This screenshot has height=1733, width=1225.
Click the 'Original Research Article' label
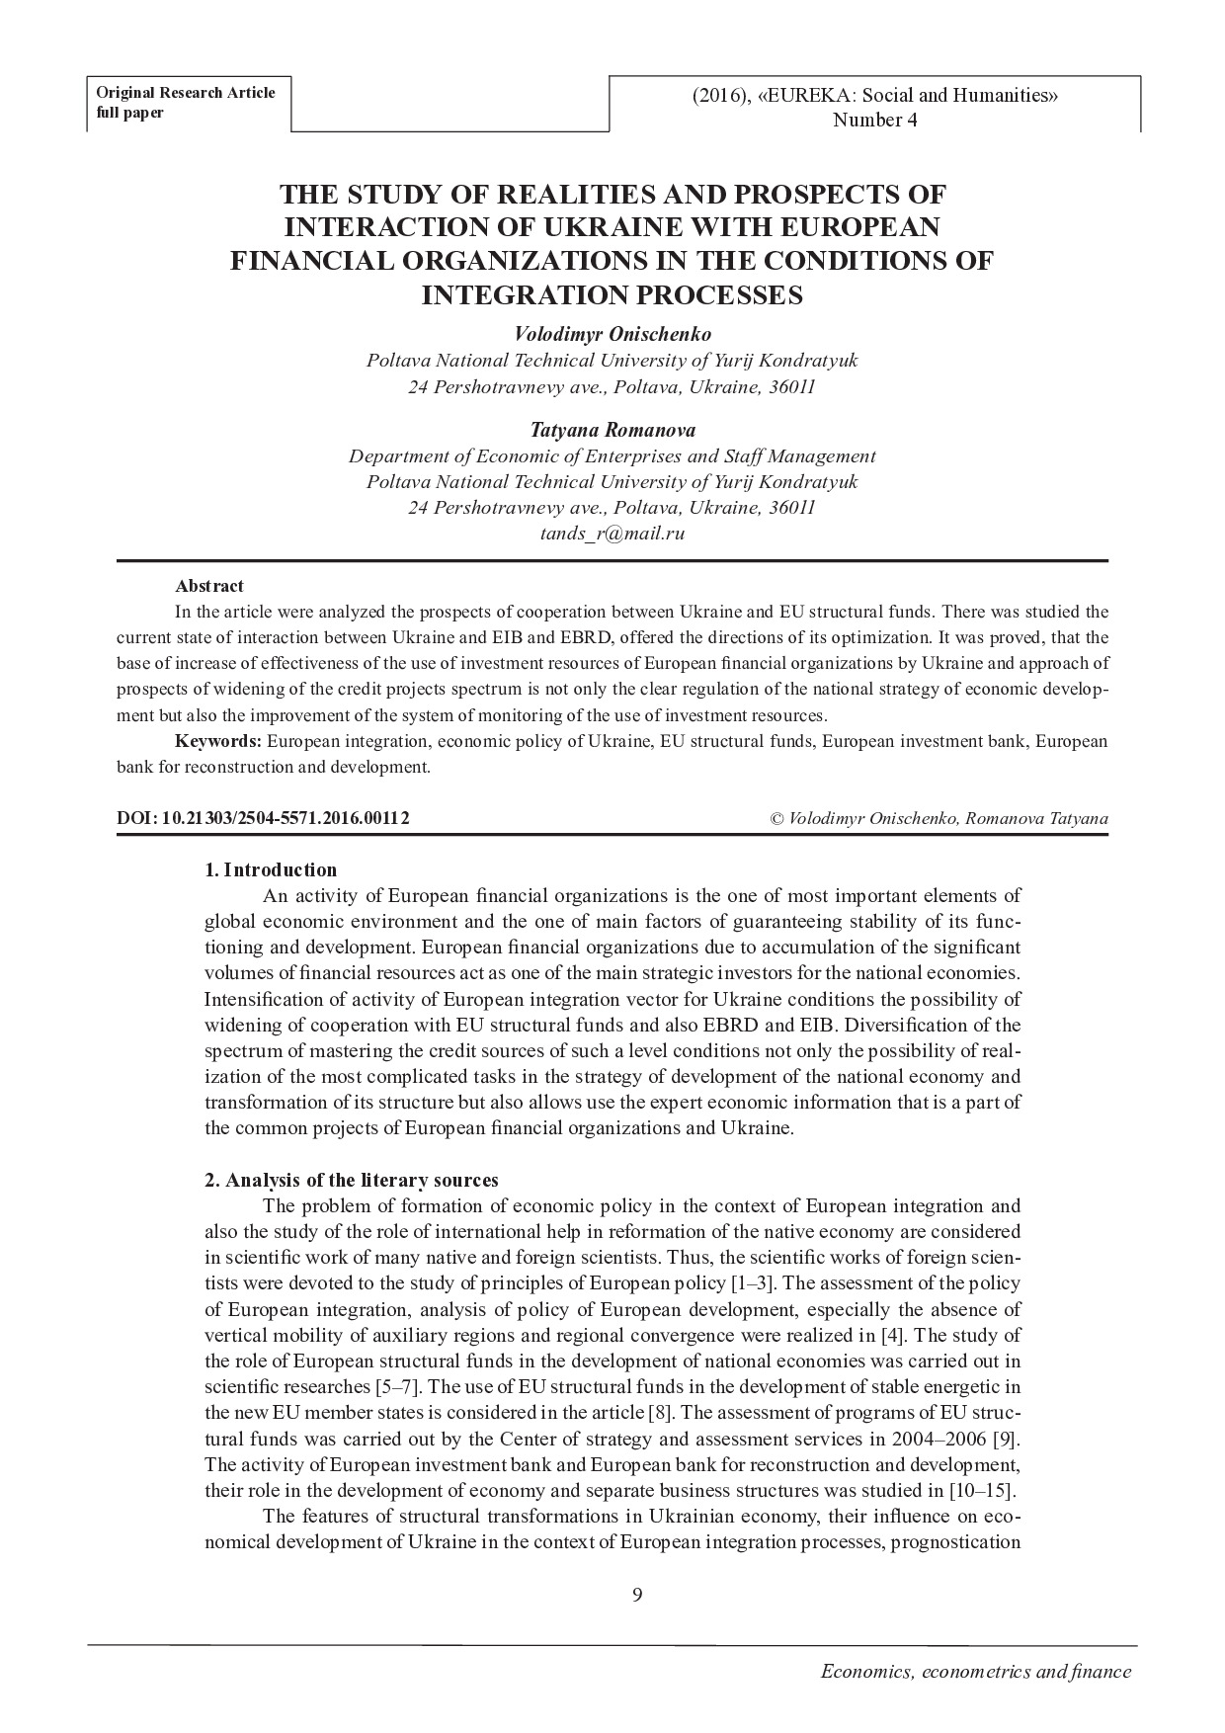(x=185, y=93)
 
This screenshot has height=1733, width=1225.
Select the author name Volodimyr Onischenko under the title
(x=612, y=334)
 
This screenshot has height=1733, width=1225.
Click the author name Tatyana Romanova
(x=612, y=430)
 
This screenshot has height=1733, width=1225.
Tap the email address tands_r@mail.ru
(x=612, y=534)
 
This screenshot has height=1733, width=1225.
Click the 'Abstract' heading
(x=209, y=586)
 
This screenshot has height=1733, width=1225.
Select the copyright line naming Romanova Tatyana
(x=939, y=818)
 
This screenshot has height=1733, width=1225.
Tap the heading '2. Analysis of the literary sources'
(x=351, y=1180)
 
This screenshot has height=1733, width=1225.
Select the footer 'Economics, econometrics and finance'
(x=976, y=1672)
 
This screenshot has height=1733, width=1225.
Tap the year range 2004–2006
(x=936, y=1439)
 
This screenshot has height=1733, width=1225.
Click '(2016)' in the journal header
(x=720, y=96)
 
